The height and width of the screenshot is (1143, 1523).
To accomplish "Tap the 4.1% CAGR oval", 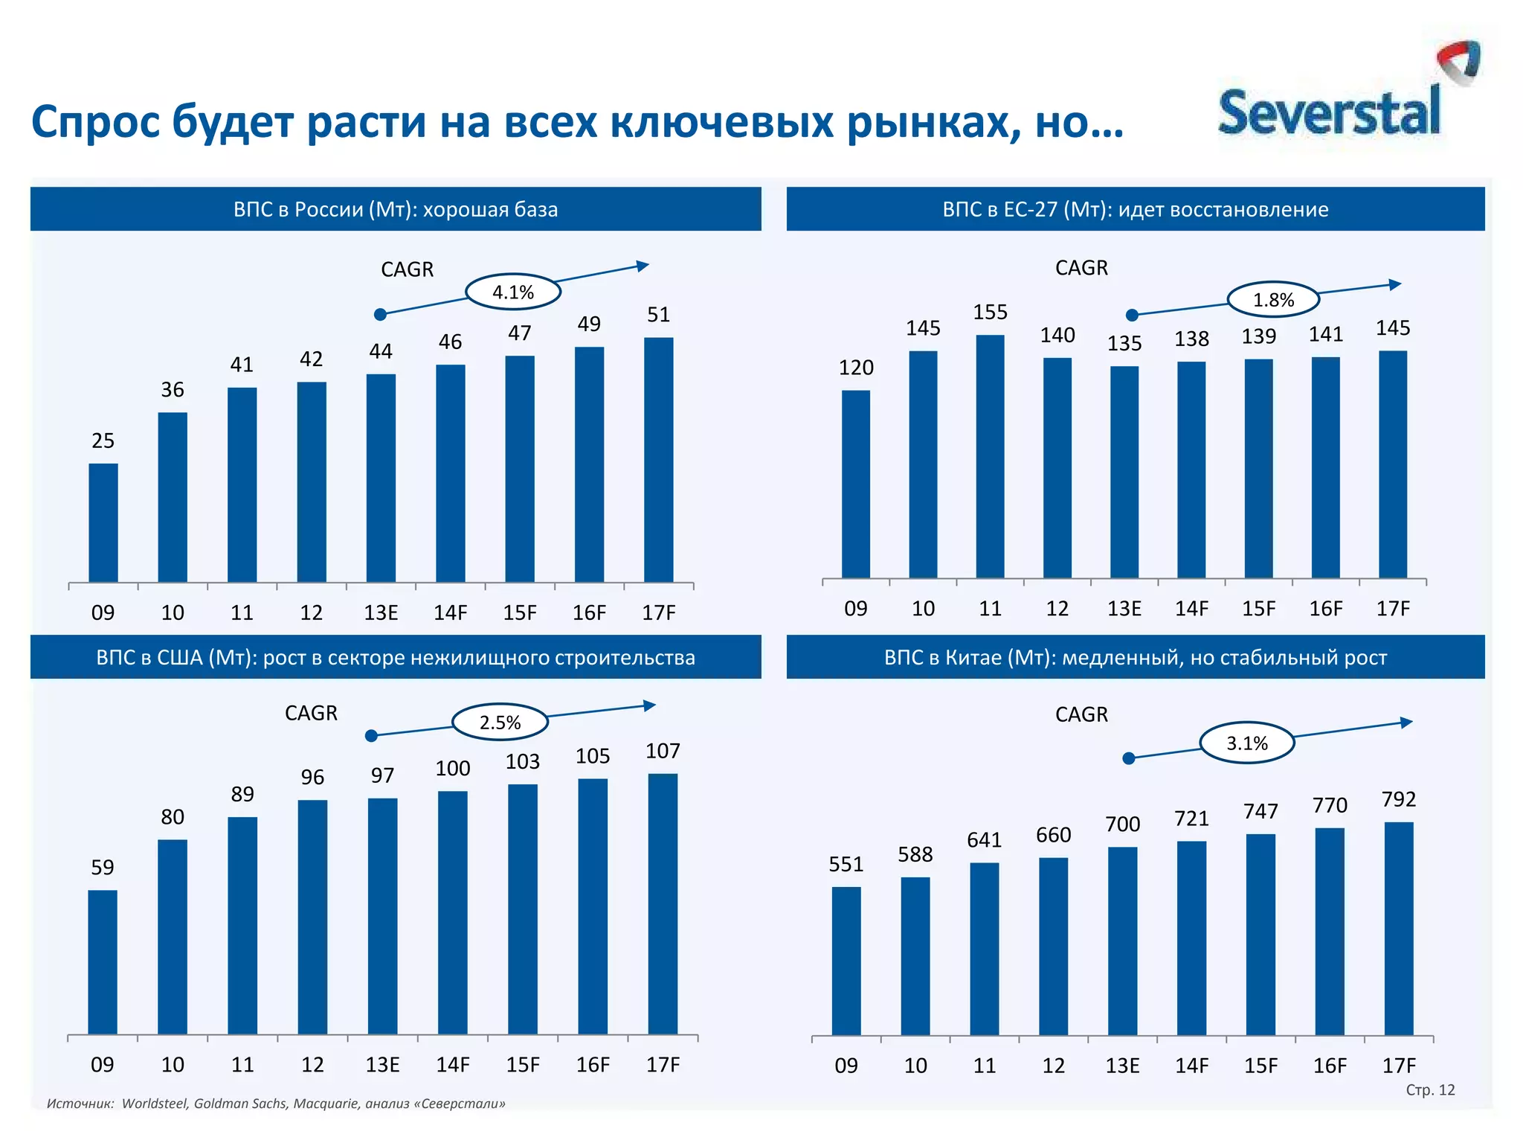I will [x=513, y=292].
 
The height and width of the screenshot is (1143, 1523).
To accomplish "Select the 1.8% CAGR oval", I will [x=1273, y=300].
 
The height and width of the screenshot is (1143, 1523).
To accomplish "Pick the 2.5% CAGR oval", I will [x=500, y=722].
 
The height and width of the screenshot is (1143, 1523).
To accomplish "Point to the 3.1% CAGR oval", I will [x=1247, y=743].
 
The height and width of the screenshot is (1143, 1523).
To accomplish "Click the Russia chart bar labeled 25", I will [x=103, y=522].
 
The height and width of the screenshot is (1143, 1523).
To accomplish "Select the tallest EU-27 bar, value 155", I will [x=990, y=456].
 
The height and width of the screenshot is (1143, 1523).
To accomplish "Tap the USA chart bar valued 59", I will [x=103, y=961].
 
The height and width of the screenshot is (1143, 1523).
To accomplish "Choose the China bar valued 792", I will [x=1399, y=928].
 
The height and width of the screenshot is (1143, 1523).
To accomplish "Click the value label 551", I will [x=846, y=864].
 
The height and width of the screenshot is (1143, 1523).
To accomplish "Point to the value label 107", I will [x=663, y=751].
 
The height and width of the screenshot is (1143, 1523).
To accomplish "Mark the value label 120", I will [x=856, y=368].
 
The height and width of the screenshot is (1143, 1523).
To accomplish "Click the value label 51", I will [x=658, y=315].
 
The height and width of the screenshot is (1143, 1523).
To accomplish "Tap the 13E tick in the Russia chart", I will [x=381, y=612].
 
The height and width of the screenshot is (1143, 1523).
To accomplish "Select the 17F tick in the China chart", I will [x=1399, y=1066].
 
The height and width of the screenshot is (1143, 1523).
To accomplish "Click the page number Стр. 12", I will [x=1430, y=1090].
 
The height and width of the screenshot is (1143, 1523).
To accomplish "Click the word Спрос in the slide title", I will [x=95, y=122].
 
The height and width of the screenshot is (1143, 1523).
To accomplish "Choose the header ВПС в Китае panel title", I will [x=1135, y=658].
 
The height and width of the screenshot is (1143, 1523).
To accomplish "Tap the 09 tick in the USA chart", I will [x=103, y=1065].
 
